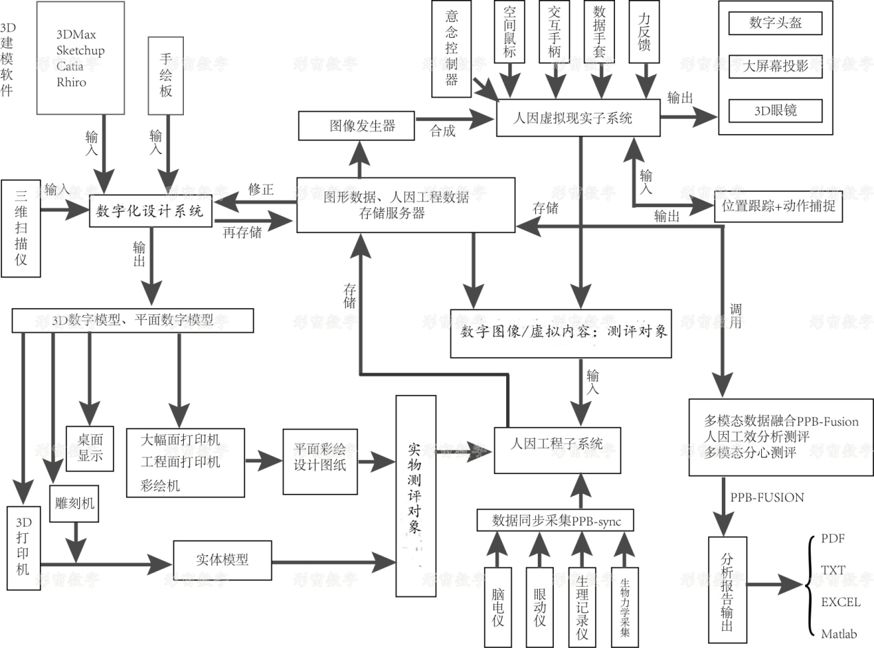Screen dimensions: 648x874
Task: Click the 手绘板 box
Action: tap(166, 76)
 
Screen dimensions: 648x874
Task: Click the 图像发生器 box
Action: tap(356, 127)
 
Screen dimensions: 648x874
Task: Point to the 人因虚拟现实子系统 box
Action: tap(578, 118)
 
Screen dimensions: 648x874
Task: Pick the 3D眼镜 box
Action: tap(775, 111)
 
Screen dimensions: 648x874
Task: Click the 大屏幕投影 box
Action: tap(775, 67)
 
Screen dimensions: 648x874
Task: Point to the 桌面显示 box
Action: tap(90, 448)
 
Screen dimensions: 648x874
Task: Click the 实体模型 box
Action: tap(222, 561)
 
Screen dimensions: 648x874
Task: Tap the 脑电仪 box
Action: tap(499, 606)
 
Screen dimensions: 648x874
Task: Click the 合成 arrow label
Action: tap(442, 131)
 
